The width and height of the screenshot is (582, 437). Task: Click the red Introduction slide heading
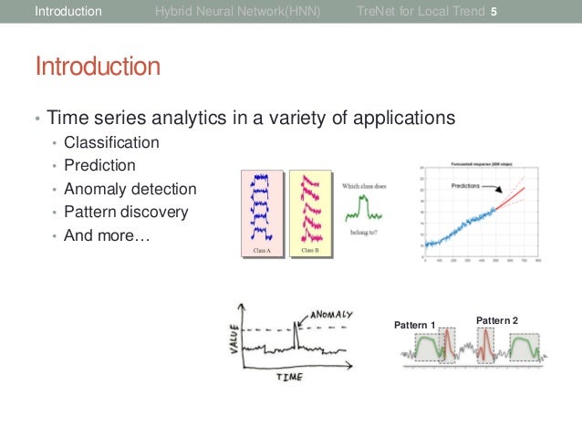click(98, 68)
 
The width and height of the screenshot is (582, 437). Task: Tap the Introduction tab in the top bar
click(68, 13)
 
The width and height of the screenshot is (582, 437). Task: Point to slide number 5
click(494, 13)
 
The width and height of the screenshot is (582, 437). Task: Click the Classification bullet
click(111, 142)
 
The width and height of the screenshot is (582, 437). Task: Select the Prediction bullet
click(99, 166)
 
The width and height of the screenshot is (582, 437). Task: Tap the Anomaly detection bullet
click(130, 189)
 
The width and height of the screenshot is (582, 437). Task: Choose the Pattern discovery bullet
click(126, 212)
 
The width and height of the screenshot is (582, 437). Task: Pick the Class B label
click(309, 249)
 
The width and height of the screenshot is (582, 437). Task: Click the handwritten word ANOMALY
click(330, 314)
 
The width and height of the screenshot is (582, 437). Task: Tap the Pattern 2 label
click(497, 320)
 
